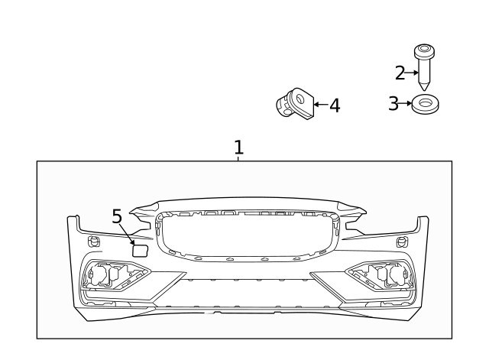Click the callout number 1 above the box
pyautogui.click(x=238, y=146)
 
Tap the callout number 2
pyautogui.click(x=400, y=73)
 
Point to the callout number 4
pyautogui.click(x=334, y=105)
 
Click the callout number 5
pyautogui.click(x=117, y=216)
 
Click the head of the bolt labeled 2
pyautogui.click(x=424, y=51)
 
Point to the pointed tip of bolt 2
pyautogui.click(x=424, y=86)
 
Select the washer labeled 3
pyautogui.click(x=425, y=104)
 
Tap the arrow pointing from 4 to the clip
pyautogui.click(x=320, y=105)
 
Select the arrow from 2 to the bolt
pyautogui.click(x=412, y=73)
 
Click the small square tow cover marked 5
pyautogui.click(x=140, y=248)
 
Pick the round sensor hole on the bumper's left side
pyautogui.click(x=94, y=242)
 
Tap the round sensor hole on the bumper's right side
pyautogui.click(x=402, y=242)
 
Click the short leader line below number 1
pyautogui.click(x=238, y=157)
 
